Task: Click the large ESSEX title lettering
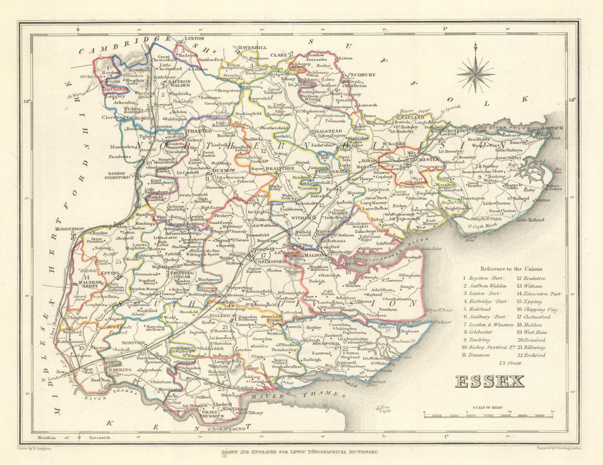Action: coord(489,382)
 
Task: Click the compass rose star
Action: coord(475,74)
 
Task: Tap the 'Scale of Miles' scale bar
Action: coord(489,415)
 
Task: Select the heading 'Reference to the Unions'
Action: coord(511,268)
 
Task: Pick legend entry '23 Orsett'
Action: coord(512,363)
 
